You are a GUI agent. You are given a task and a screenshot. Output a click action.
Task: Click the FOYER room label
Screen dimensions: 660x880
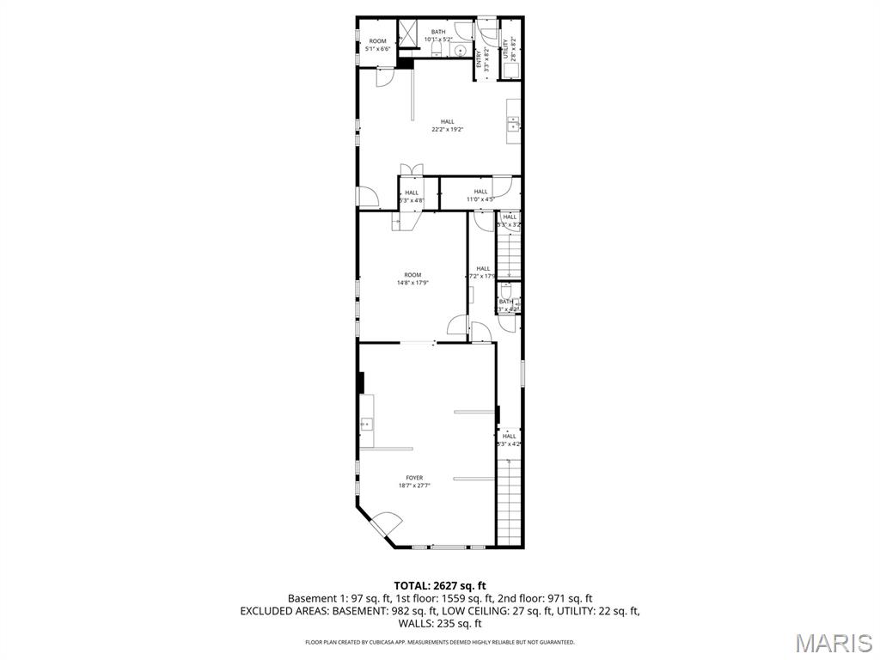(x=414, y=478)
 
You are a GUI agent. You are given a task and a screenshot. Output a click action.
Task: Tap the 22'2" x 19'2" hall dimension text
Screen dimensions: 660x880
(x=448, y=130)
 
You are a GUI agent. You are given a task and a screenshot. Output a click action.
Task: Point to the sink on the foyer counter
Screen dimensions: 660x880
(x=366, y=423)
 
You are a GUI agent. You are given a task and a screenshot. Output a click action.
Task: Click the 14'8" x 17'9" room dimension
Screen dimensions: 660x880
(x=413, y=283)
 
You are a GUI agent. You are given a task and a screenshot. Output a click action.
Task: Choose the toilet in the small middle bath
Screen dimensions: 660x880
(x=506, y=290)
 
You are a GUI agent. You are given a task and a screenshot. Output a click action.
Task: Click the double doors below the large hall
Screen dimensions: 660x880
(x=411, y=168)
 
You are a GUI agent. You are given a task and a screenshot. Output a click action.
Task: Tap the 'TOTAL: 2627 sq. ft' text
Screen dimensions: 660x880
(x=439, y=585)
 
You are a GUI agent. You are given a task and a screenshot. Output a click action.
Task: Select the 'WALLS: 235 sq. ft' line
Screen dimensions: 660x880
(x=439, y=624)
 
